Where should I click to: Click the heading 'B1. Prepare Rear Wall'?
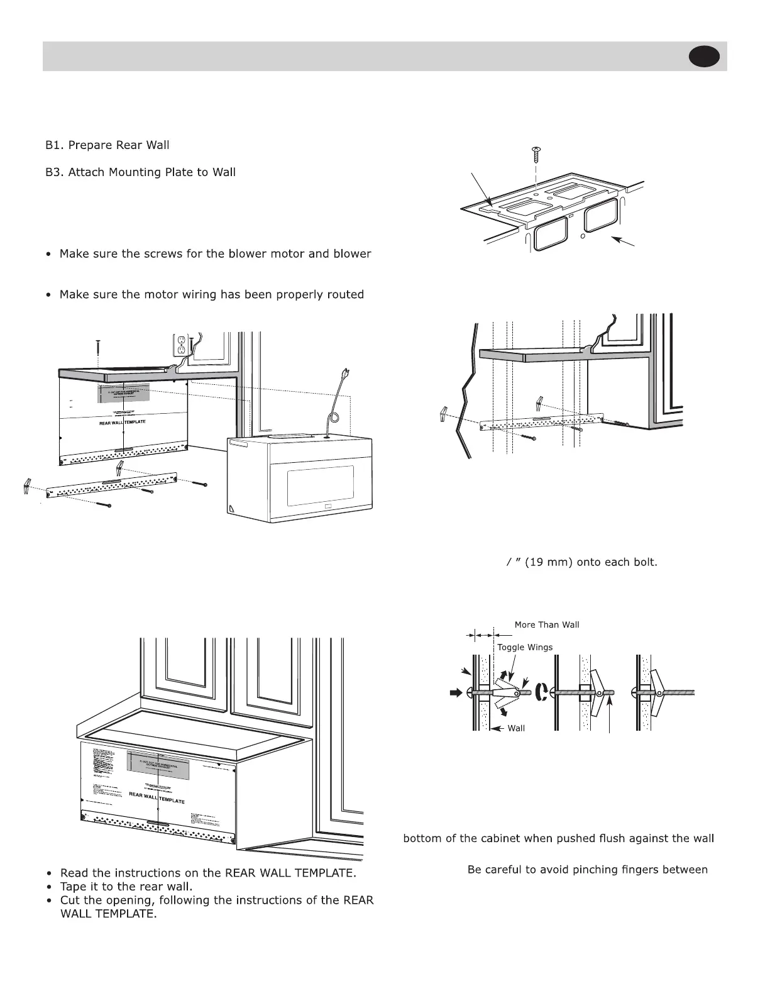pos(107,145)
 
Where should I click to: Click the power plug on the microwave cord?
pos(344,374)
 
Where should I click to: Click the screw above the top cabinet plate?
pos(535,152)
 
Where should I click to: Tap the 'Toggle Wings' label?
pos(525,647)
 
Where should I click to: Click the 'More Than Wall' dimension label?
pos(547,624)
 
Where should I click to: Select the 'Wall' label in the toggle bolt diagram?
pos(516,728)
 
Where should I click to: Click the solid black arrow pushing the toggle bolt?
pos(455,693)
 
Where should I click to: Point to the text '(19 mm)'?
pos(547,562)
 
